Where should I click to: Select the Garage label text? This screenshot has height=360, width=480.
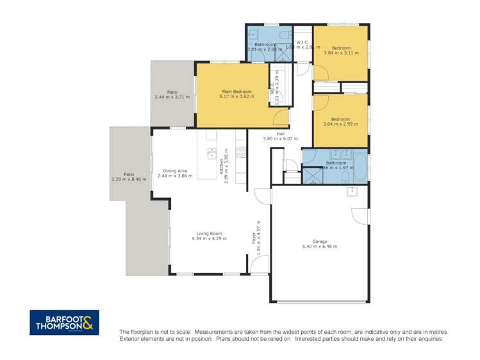pos(319,241)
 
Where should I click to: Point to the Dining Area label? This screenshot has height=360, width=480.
pos(174,171)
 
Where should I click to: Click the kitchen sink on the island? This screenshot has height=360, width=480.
pos(210,152)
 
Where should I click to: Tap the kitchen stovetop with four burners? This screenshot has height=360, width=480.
pos(241,152)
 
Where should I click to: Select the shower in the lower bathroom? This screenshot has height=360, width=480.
pos(313,175)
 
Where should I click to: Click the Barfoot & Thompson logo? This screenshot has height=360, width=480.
pos(64,322)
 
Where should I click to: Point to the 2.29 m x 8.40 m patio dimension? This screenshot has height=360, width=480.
pos(129,179)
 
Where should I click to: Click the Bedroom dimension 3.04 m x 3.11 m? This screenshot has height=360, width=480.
pos(340,54)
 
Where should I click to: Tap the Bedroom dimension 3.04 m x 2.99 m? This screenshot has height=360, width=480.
pos(340,124)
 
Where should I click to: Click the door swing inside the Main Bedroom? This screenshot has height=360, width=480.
pos(280,117)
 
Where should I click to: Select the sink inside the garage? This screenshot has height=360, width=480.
pos(351,191)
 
